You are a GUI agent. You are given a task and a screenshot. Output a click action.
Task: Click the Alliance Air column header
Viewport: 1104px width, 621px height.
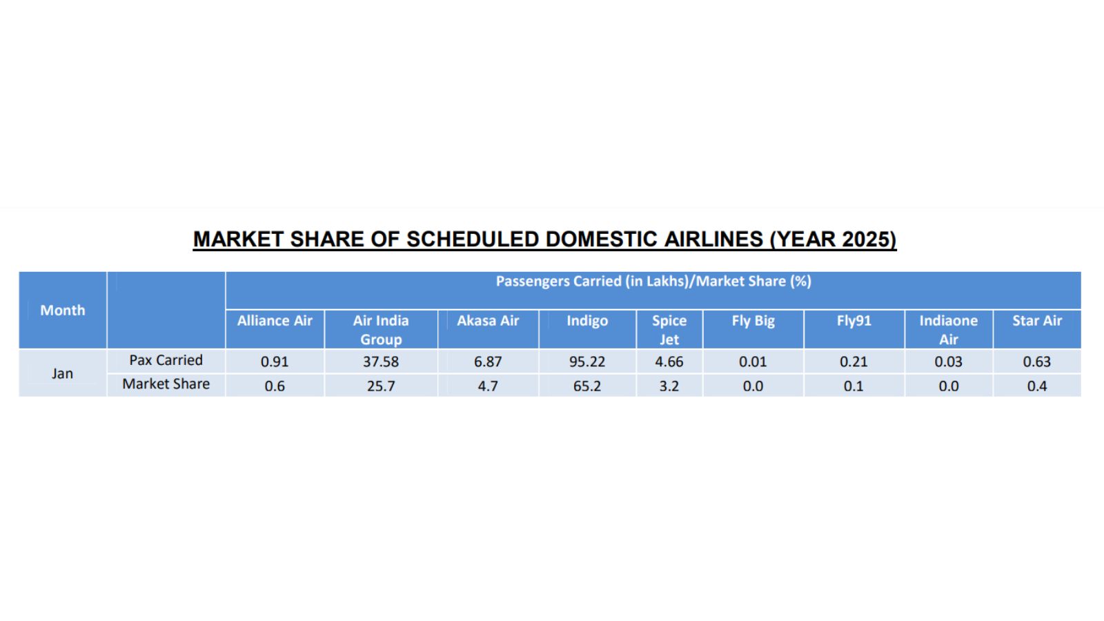275,321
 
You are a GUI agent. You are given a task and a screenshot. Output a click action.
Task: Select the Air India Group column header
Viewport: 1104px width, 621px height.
381,330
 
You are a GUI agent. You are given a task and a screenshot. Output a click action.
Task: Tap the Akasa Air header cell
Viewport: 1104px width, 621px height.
488,321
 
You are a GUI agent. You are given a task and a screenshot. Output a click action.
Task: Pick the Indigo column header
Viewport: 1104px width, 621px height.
587,321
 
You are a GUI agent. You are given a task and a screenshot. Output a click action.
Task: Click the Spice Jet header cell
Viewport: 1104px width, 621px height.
669,330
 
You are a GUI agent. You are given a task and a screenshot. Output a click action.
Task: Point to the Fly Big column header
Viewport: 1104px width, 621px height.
753,321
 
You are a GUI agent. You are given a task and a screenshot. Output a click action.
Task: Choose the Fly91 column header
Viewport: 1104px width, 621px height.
854,321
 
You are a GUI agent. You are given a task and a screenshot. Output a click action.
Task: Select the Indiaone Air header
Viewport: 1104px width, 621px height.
948,330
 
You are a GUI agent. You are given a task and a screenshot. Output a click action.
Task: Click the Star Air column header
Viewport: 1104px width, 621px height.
1036,321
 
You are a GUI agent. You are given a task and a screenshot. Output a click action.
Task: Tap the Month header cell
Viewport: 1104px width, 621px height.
63,310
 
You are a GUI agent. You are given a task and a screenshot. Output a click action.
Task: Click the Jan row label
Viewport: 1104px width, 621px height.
62,373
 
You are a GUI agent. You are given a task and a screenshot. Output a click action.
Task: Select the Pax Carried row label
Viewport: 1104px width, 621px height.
166,360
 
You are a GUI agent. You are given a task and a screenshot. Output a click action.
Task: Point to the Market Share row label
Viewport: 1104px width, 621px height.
166,384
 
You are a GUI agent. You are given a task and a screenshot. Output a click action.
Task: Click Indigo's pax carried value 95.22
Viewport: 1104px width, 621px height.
587,362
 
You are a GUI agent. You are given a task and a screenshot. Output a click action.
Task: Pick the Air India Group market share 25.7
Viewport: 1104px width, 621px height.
381,386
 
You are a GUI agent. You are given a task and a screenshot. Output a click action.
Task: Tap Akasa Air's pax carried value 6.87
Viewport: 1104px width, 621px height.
488,362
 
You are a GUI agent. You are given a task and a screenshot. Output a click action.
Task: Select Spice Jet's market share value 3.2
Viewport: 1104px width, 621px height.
669,386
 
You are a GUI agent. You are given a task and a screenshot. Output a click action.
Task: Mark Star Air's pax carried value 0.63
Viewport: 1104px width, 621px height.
1036,362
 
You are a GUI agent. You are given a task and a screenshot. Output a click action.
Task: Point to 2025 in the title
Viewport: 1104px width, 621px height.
868,239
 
